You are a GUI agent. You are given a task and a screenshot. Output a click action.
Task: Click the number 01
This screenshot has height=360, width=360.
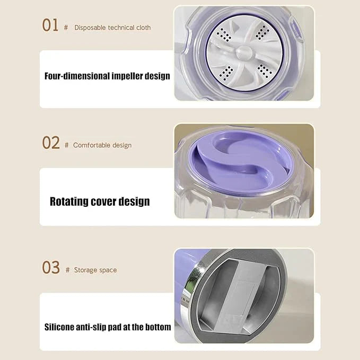click(50, 25)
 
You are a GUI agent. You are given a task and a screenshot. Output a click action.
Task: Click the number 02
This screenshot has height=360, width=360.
click(51, 143)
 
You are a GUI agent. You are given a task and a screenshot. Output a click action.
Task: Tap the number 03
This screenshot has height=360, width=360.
click(51, 268)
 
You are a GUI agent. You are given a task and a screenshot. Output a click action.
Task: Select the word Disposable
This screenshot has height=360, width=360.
click(90, 28)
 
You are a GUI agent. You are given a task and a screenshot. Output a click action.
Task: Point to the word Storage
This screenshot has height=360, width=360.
click(85, 270)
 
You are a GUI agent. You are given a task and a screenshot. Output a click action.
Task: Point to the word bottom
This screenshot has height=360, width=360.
click(157, 327)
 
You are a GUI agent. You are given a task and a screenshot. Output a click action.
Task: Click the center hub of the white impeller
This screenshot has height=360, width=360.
click(243, 53)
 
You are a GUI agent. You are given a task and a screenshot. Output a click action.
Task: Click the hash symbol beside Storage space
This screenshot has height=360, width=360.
click(67, 270)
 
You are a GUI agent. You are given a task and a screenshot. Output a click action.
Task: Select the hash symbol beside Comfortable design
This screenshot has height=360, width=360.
click(66, 145)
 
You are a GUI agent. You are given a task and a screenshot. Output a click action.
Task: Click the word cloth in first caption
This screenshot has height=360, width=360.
click(143, 28)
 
